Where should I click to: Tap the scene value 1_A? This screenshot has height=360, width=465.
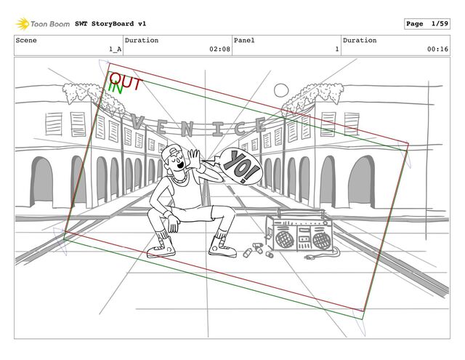(x=114, y=49)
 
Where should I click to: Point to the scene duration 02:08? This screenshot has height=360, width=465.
(x=219, y=49)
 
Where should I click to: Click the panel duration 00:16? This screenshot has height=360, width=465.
(x=437, y=49)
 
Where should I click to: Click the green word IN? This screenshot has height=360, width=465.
(x=114, y=87)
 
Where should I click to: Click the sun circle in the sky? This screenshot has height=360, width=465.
(x=282, y=90)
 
